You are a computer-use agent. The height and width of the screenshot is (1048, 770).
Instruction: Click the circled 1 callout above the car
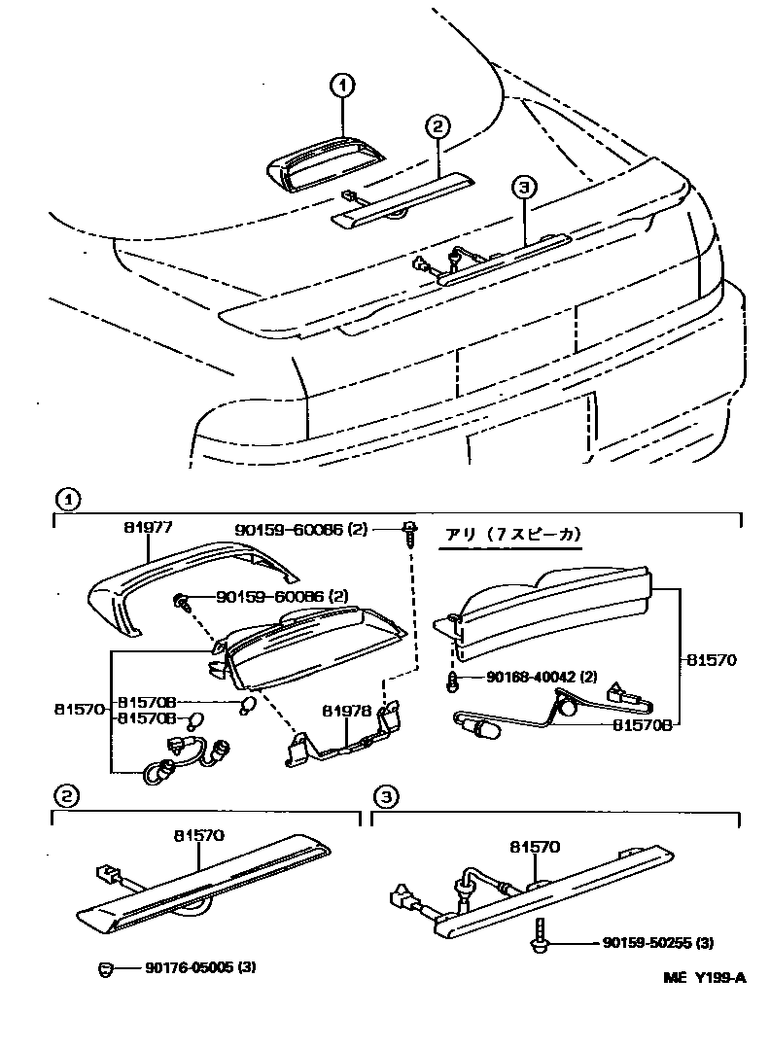[341, 87]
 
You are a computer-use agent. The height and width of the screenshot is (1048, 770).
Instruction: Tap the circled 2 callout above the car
[437, 126]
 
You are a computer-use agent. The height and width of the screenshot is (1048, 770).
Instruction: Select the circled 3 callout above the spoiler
[523, 188]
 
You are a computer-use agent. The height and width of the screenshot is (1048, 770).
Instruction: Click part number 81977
[148, 528]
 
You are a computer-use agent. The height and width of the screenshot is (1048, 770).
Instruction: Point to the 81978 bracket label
[347, 712]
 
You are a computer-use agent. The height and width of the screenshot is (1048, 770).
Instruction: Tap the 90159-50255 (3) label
[658, 943]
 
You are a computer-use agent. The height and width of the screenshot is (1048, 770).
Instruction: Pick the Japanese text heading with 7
[512, 536]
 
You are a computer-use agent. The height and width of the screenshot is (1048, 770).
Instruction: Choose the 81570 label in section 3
[535, 847]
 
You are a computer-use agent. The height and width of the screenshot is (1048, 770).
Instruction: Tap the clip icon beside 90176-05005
[108, 967]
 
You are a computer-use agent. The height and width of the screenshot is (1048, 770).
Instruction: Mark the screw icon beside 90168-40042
[453, 681]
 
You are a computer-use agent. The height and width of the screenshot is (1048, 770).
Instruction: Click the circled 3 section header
[386, 798]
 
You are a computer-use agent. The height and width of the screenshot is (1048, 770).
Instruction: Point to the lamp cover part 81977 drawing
[175, 583]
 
